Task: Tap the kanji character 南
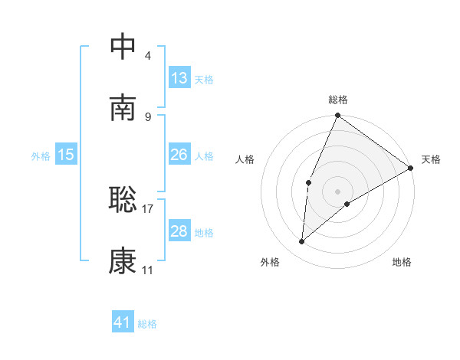[123, 109]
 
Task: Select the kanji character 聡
[123, 199]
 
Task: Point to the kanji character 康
[123, 262]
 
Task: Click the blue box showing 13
[179, 78]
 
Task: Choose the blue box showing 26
[179, 155]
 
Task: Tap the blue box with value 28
[179, 231]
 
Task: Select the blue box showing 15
[66, 155]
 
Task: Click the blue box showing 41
[123, 322]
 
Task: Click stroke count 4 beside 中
[147, 55]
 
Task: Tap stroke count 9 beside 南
[147, 117]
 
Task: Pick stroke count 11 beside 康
[147, 270]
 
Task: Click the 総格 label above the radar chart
[338, 100]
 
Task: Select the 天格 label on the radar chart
[431, 159]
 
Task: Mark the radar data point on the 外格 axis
[302, 242]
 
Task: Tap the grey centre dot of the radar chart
[338, 191]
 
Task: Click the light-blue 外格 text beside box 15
[41, 155]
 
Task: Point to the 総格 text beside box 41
[147, 323]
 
